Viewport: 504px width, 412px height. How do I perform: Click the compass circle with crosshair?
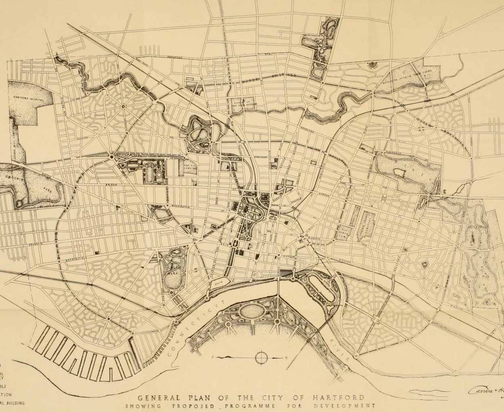click(261, 358)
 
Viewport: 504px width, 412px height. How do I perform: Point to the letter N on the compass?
click(286, 358)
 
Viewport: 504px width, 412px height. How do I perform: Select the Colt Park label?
click(173, 273)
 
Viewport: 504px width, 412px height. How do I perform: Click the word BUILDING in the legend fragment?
click(15, 403)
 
